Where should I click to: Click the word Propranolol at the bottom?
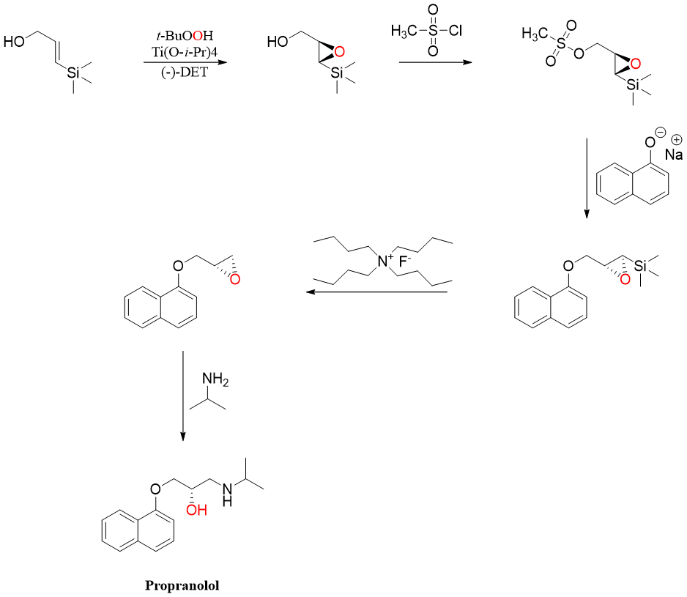(182, 585)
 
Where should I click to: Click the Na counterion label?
(674, 155)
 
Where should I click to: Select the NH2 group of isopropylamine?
(215, 380)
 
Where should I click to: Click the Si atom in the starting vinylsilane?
(74, 72)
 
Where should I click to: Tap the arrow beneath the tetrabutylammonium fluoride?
(376, 292)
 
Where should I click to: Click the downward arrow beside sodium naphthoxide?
(586, 176)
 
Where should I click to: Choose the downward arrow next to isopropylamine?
(183, 396)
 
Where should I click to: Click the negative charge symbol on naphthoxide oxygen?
(661, 134)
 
